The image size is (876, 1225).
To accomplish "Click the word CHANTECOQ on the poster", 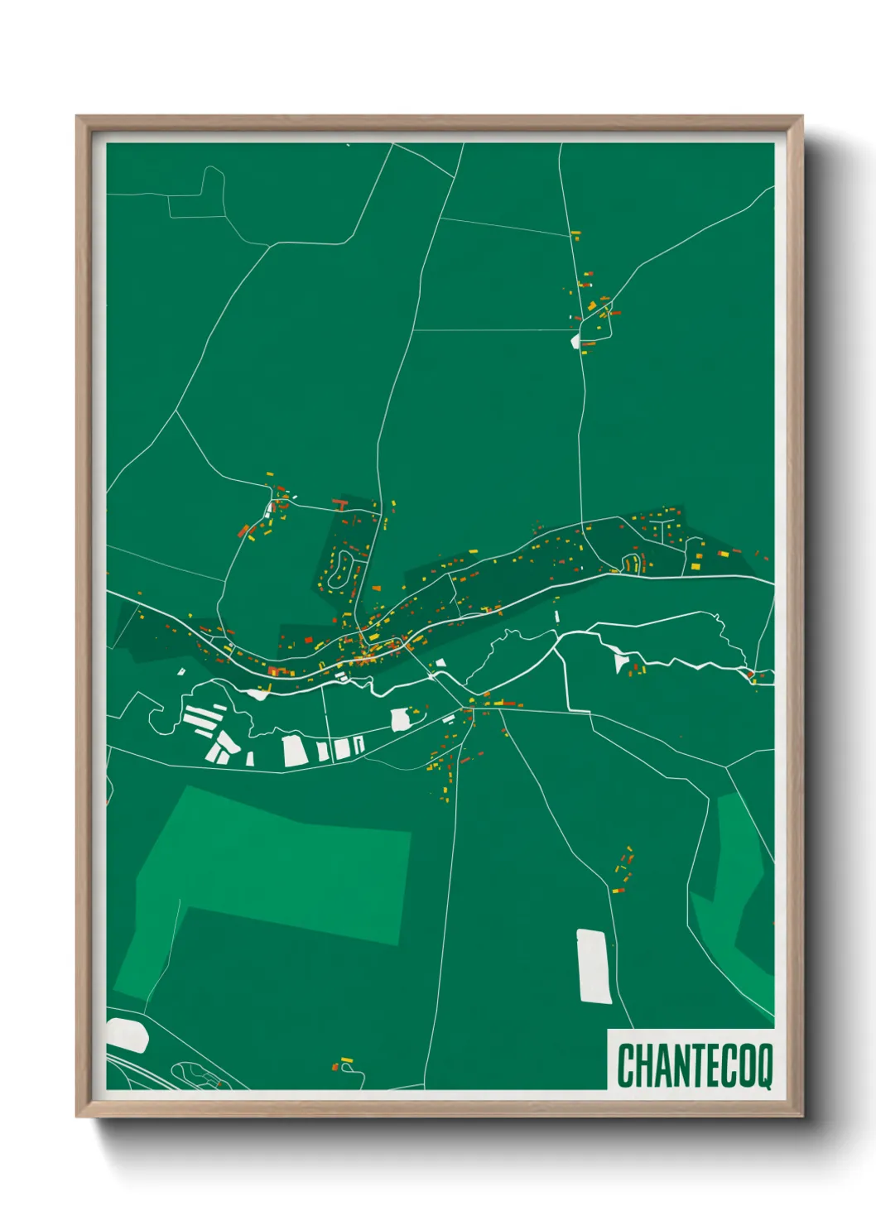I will (x=694, y=1065).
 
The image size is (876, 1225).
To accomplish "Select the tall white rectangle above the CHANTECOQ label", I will (x=594, y=966).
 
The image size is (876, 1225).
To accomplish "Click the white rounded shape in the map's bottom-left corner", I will (x=127, y=1035).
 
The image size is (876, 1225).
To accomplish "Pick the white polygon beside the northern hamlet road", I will (x=575, y=339).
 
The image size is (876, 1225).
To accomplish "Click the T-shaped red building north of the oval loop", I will (x=339, y=503).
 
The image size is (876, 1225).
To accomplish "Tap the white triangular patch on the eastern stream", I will (x=621, y=661).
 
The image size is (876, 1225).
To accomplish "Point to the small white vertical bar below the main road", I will (x=557, y=616).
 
